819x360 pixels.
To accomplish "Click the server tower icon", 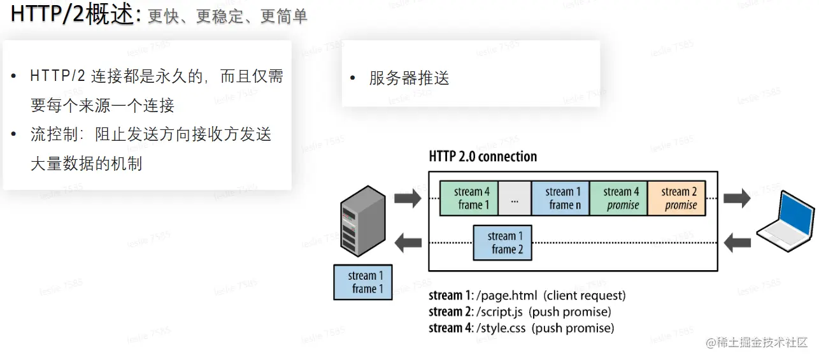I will click(x=363, y=221).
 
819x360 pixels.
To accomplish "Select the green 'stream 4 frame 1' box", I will click(x=469, y=198).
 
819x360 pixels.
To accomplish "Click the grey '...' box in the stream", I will click(x=515, y=199).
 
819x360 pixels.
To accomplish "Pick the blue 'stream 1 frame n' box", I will click(x=560, y=198).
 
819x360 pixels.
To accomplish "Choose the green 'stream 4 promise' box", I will click(x=618, y=198).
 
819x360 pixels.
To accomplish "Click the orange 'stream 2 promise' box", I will click(x=676, y=198).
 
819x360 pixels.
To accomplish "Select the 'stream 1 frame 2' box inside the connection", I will click(x=502, y=243).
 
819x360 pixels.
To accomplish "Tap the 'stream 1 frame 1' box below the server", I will click(x=363, y=282).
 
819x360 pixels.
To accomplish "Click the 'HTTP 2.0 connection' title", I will click(x=483, y=157).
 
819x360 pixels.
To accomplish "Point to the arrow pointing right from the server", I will click(x=408, y=198).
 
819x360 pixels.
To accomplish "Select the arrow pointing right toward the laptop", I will click(x=737, y=198).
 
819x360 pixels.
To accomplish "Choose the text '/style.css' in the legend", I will click(x=499, y=329).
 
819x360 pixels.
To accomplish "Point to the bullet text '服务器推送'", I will click(x=409, y=78).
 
